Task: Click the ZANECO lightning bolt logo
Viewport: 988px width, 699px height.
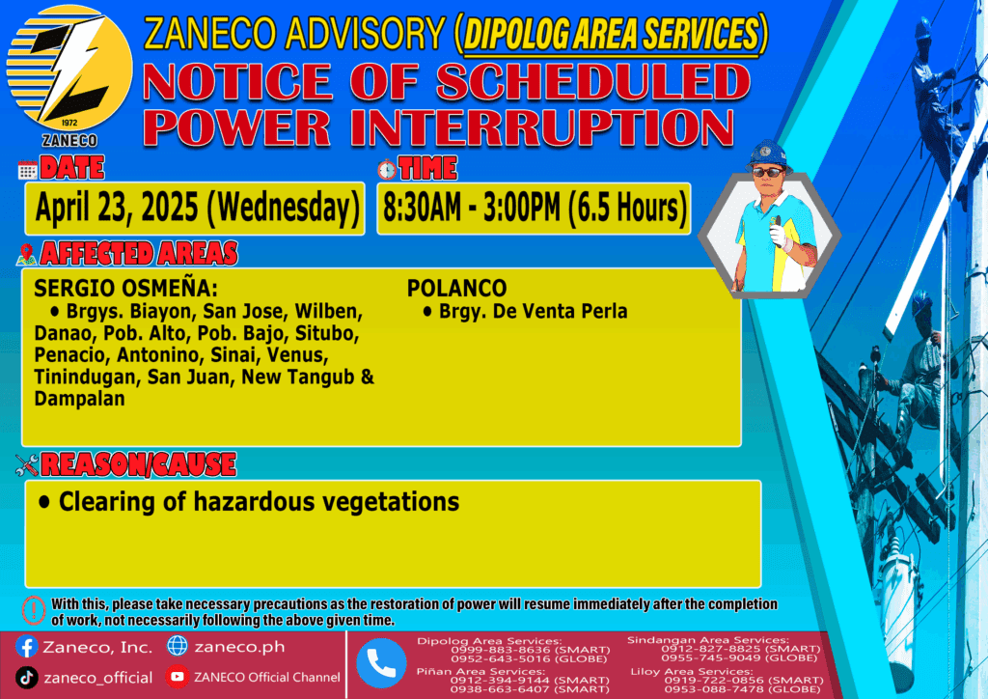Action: coord(69,69)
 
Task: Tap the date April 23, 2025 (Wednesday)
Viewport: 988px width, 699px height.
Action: coord(197,208)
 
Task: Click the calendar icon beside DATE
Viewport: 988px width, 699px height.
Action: coord(27,170)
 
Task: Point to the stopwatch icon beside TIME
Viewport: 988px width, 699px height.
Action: coord(387,169)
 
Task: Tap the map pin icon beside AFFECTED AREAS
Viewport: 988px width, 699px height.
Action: coord(26,254)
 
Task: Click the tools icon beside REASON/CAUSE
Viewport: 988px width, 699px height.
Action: coord(27,465)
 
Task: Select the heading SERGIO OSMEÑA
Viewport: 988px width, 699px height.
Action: coord(125,288)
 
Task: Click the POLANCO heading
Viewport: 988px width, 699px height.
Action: coord(456,288)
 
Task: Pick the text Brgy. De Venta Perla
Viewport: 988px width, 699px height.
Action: coord(533,312)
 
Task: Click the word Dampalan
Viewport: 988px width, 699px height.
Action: coord(79,399)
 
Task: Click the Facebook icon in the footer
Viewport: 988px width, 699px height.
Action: coord(26,647)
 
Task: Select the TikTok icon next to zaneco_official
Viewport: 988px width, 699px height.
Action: coord(26,678)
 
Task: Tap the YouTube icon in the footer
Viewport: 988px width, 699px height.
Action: coord(178,677)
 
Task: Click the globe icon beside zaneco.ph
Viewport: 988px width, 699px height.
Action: coord(178,646)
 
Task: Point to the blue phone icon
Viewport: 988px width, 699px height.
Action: coord(381,663)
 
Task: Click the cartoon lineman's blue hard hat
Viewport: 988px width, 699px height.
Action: coord(767,154)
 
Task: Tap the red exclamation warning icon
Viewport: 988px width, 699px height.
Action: coord(34,610)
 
